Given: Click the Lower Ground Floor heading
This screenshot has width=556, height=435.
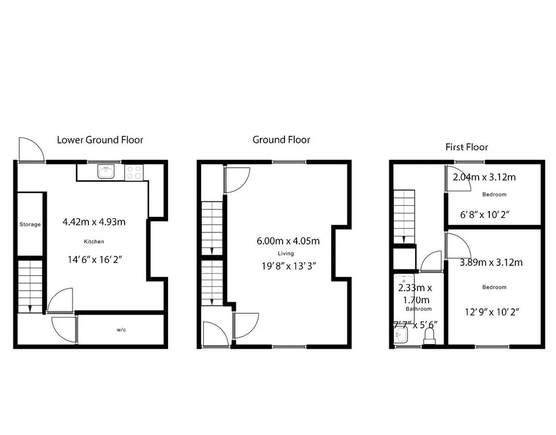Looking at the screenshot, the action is click(x=100, y=140).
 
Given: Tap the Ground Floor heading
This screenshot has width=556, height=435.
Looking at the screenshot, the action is click(x=281, y=140).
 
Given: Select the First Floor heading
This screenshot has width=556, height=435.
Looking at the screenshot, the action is click(x=467, y=147).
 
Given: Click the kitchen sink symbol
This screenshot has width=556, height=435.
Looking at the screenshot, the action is click(x=106, y=172).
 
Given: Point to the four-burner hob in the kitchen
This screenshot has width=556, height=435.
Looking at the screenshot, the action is click(x=134, y=173).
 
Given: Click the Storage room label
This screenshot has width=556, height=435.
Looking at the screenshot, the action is click(x=30, y=224).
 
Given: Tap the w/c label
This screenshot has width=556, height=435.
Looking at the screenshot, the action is click(x=121, y=330).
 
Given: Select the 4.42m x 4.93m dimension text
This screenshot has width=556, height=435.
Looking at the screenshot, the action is click(x=94, y=222).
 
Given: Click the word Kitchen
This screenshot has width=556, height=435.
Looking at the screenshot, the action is click(x=94, y=242).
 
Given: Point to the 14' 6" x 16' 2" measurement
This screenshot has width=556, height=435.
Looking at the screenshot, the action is click(x=95, y=260).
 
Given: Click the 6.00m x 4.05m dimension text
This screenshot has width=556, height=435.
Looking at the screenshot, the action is click(x=288, y=241).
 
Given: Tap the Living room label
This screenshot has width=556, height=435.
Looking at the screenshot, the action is click(x=286, y=253).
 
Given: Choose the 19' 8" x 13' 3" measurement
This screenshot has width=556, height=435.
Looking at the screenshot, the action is click(x=289, y=266).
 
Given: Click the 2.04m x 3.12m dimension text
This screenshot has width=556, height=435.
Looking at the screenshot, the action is click(x=484, y=177).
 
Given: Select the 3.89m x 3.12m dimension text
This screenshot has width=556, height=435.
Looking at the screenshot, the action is click(x=491, y=262).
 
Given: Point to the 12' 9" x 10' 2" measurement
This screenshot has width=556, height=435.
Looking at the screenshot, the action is click(x=492, y=312).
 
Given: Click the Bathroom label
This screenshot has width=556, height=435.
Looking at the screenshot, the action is click(x=419, y=309).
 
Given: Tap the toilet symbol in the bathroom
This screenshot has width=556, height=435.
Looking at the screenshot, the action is click(x=429, y=336).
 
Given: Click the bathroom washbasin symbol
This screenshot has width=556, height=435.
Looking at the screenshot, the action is click(x=401, y=334).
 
